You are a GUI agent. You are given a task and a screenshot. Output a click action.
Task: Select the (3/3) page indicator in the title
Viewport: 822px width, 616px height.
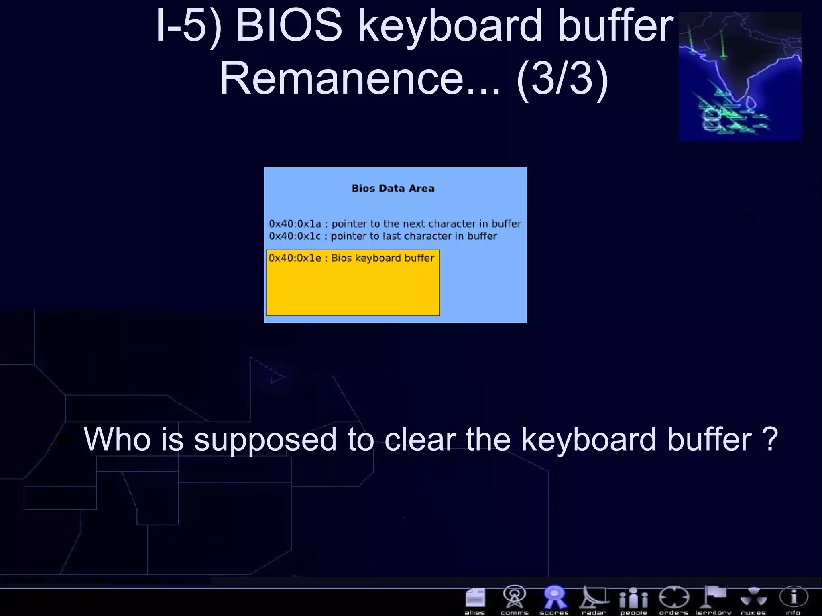click(x=563, y=78)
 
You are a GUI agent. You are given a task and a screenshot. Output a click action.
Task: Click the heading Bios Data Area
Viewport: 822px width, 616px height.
click(x=393, y=188)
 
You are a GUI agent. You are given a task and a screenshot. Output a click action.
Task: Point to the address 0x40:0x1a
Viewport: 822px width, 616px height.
click(x=295, y=224)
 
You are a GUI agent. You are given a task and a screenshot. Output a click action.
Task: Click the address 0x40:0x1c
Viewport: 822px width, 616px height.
click(x=295, y=236)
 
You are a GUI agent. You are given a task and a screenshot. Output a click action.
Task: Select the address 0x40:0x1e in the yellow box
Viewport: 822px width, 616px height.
click(x=295, y=258)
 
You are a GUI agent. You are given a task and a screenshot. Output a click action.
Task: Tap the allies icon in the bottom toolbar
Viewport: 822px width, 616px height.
click(x=475, y=598)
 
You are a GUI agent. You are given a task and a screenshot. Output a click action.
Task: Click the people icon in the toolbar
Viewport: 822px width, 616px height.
click(x=633, y=598)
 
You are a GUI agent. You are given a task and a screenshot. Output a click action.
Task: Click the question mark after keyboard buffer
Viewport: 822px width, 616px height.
click(x=769, y=439)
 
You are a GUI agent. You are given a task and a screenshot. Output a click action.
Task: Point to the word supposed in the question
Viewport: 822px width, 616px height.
click(x=265, y=440)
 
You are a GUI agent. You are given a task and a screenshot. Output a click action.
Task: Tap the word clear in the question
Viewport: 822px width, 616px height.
click(x=420, y=439)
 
